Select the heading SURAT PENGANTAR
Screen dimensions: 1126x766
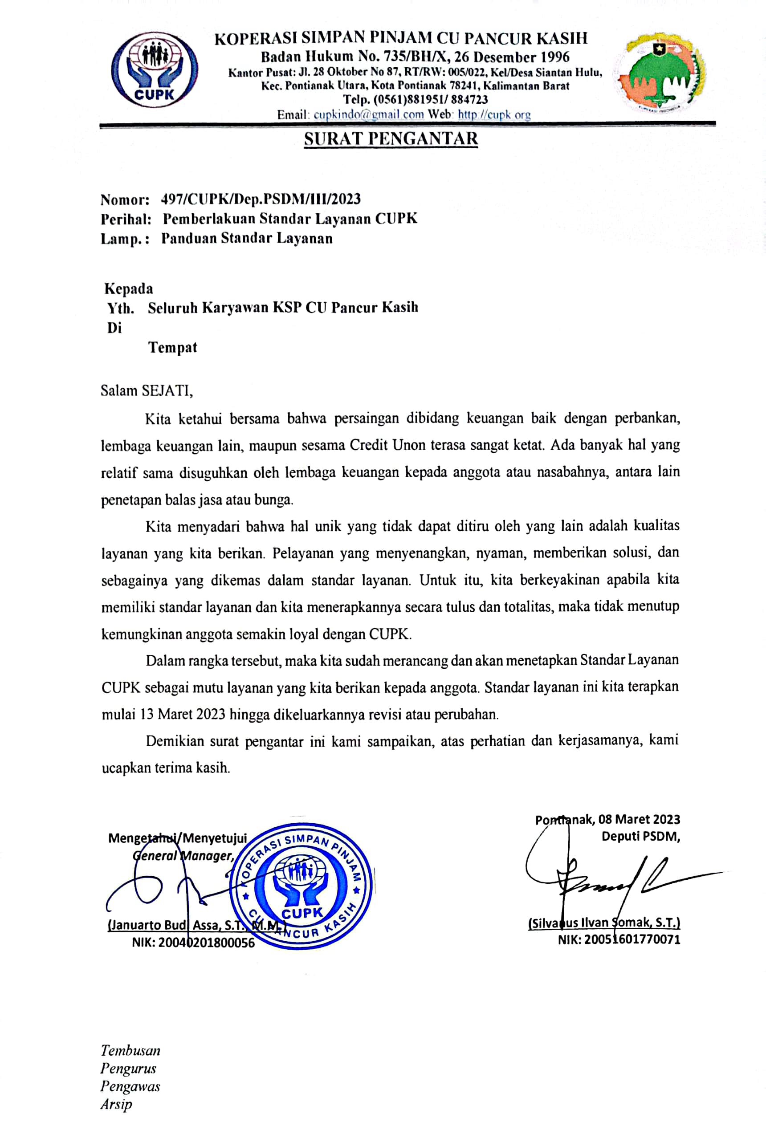tap(391, 139)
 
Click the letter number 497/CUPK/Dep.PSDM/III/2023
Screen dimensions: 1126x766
tap(260, 199)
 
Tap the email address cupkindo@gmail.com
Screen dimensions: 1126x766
tap(368, 115)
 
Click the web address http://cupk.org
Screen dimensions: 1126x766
tap(494, 115)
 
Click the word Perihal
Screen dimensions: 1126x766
tap(125, 219)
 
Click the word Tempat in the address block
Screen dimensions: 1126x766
tap(172, 347)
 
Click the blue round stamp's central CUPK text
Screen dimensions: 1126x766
tap(302, 913)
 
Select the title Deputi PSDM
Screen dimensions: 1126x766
tap(640, 836)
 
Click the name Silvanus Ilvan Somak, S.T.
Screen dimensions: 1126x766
tap(604, 923)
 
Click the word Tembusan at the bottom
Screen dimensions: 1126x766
tap(130, 1050)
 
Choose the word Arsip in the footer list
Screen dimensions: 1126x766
tap(116, 1104)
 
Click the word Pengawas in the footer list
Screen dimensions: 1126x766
tap(130, 1086)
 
